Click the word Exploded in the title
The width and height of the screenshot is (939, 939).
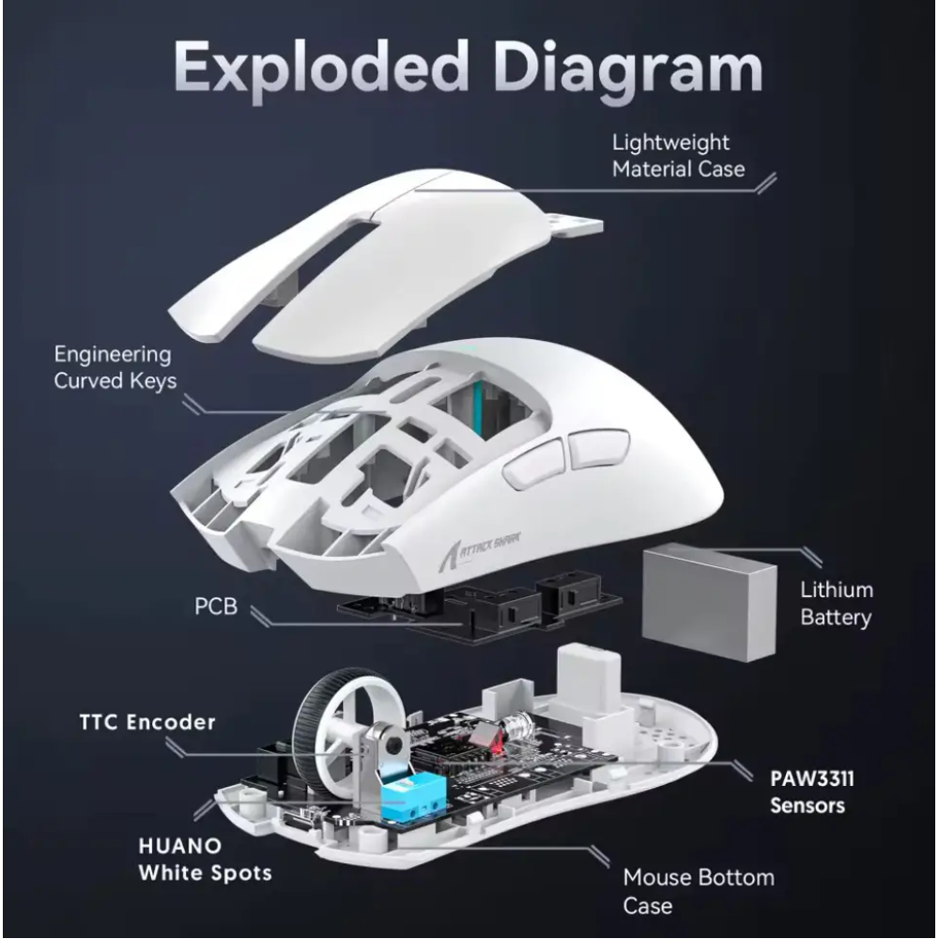pyautogui.click(x=321, y=67)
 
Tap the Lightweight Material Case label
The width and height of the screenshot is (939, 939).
pyautogui.click(x=679, y=156)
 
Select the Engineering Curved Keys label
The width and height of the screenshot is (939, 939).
pyautogui.click(x=115, y=367)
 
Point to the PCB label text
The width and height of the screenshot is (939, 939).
pyautogui.click(x=216, y=606)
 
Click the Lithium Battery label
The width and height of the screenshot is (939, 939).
pyautogui.click(x=837, y=604)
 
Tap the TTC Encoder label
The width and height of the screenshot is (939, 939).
pyautogui.click(x=147, y=721)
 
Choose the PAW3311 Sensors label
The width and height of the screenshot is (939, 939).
pyautogui.click(x=812, y=792)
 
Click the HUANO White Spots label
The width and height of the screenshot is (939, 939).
pyautogui.click(x=205, y=859)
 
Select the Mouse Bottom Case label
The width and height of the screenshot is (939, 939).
pyautogui.click(x=699, y=891)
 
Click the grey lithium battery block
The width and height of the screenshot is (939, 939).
pyautogui.click(x=709, y=602)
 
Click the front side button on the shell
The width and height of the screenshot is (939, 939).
pyautogui.click(x=533, y=464)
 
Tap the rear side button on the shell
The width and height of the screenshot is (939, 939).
pyautogui.click(x=599, y=448)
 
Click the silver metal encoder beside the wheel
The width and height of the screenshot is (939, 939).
pyautogui.click(x=383, y=748)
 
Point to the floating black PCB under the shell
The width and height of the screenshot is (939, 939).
pyautogui.click(x=479, y=606)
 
